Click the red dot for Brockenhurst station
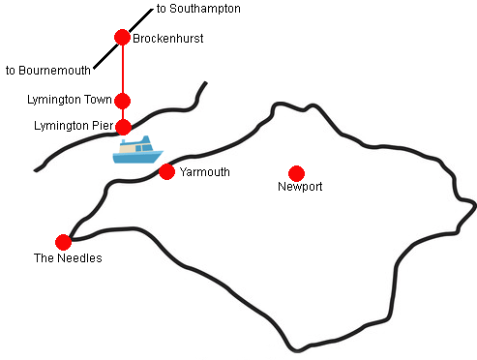coord(122,38)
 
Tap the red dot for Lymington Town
coord(123,101)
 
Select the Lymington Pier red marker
coord(123,127)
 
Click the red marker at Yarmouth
coord(166,172)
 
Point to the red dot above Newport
coord(297,172)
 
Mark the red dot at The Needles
coord(64,242)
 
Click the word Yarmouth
coord(204,172)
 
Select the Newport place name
coord(299,187)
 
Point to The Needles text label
coord(68,258)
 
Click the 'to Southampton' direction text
coord(198,9)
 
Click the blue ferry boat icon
coord(137,151)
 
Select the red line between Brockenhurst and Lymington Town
coord(123,70)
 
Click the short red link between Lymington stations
coord(123,114)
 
